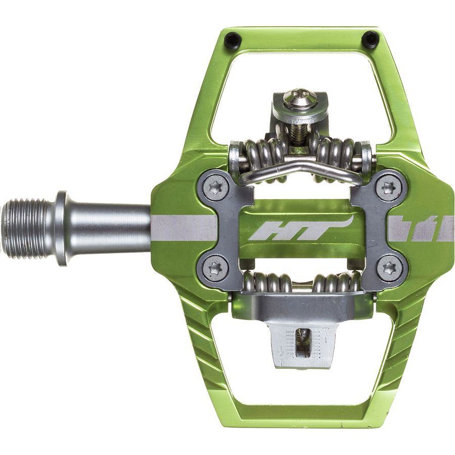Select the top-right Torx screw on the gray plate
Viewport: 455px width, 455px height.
point(388,188)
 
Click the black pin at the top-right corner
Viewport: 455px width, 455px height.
point(370,39)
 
